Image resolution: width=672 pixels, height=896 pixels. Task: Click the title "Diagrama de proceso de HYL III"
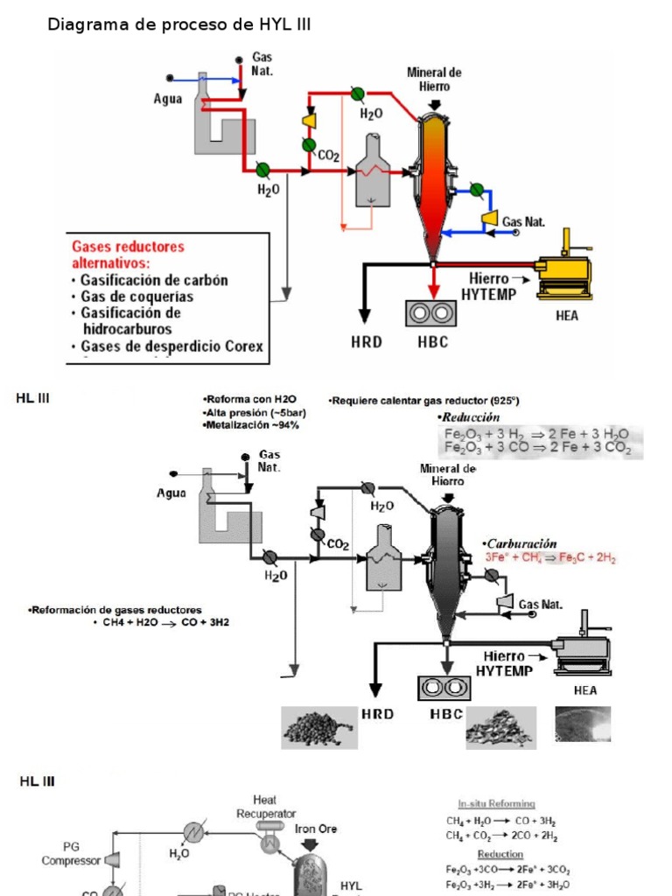click(x=178, y=25)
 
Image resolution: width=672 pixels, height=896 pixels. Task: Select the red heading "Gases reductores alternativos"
click(x=128, y=255)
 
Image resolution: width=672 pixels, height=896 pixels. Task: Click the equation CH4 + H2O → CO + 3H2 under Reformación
click(x=161, y=622)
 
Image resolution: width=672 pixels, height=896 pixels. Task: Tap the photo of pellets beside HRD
click(x=318, y=728)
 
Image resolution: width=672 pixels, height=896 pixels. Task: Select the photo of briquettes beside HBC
click(x=500, y=726)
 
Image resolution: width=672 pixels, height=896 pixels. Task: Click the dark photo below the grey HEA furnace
click(x=583, y=724)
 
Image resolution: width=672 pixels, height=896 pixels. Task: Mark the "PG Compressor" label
click(x=70, y=854)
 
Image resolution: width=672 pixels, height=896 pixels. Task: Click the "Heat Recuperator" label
click(x=266, y=806)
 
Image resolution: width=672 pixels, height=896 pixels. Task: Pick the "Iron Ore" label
click(x=316, y=829)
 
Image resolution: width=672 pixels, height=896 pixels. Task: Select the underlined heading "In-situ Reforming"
click(x=497, y=803)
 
